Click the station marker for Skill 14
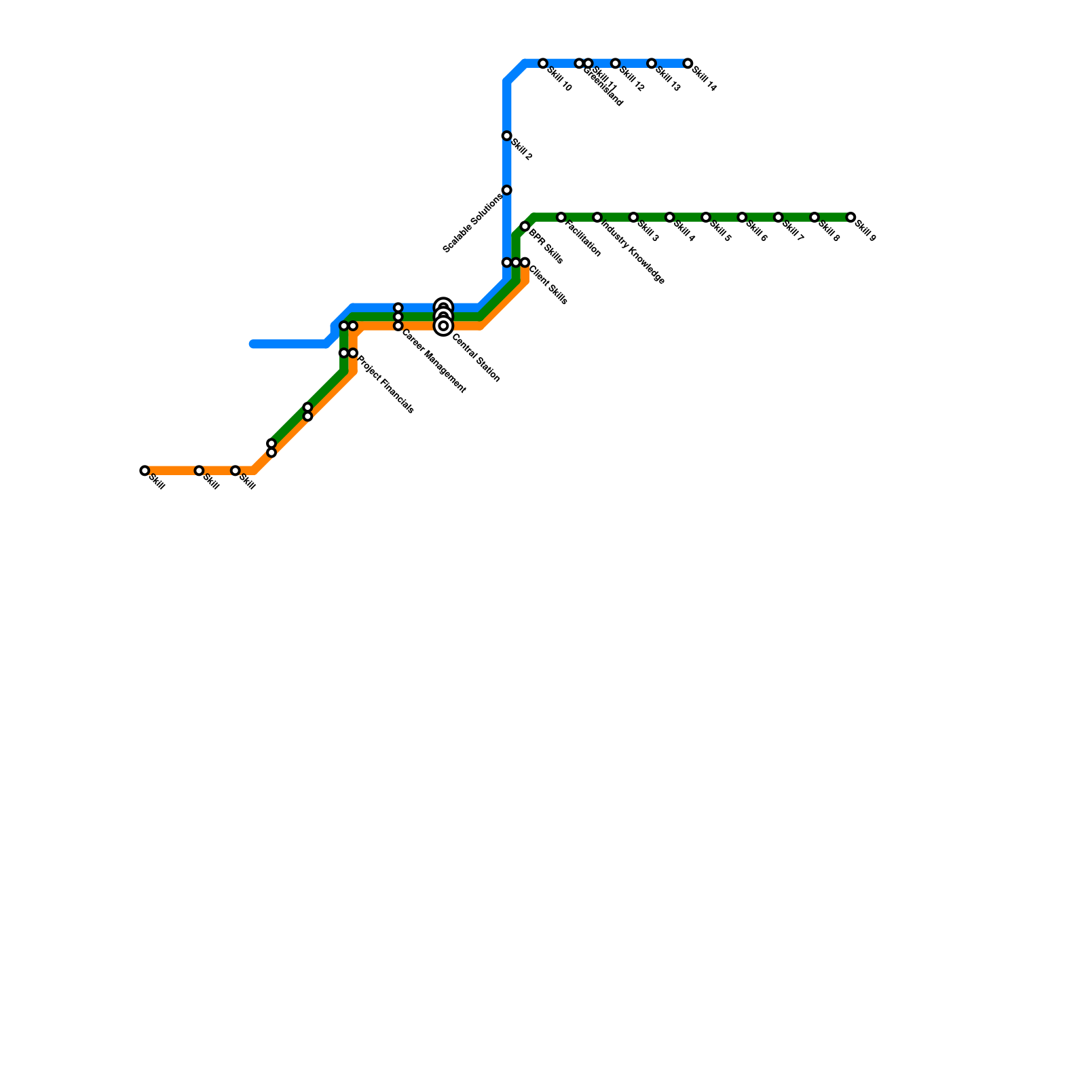[688, 64]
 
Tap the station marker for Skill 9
[850, 217]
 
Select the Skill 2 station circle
[506, 136]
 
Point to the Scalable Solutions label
[473, 223]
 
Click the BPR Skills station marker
[525, 227]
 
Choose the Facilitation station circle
[561, 217]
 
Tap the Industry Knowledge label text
[633, 250]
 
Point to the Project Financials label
[386, 384]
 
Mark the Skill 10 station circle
[543, 64]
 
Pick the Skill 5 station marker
[706, 217]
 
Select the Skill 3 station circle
[633, 217]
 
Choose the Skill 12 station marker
[615, 64]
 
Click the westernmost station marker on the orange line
[145, 471]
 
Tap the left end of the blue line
[252, 344]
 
